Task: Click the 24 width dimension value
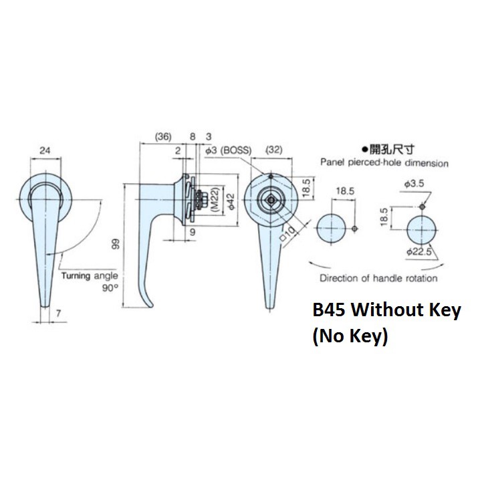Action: pyautogui.click(x=45, y=151)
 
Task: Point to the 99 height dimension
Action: pyautogui.click(x=116, y=245)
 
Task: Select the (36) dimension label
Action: pyautogui.click(x=162, y=137)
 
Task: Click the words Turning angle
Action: pyautogui.click(x=89, y=275)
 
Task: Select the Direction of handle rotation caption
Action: pyautogui.click(x=379, y=278)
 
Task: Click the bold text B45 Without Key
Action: pyautogui.click(x=386, y=312)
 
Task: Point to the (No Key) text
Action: pyautogui.click(x=350, y=338)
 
